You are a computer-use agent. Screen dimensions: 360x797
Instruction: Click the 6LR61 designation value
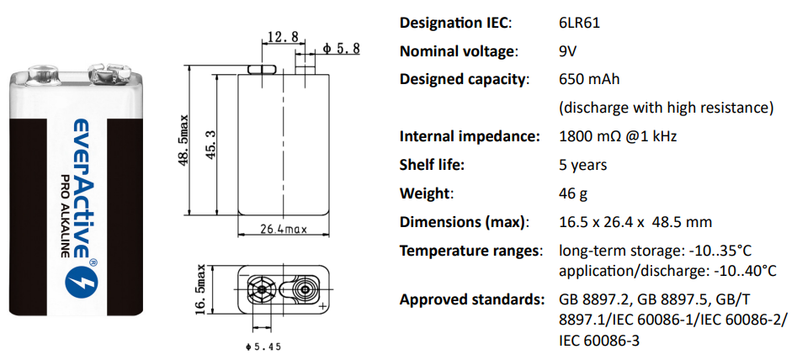click(x=580, y=24)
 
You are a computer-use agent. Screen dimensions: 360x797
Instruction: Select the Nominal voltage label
click(x=458, y=51)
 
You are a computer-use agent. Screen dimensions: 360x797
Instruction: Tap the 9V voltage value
click(x=568, y=51)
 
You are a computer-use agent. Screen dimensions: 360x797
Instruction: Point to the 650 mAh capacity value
click(x=589, y=80)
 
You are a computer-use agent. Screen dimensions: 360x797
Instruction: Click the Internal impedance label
click(x=469, y=136)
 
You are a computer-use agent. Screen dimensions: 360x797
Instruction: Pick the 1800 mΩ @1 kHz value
click(x=618, y=136)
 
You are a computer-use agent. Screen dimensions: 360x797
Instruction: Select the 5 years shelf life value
click(x=582, y=165)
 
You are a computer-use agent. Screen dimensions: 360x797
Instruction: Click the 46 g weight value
click(x=573, y=193)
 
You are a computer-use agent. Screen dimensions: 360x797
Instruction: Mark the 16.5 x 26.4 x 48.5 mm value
click(x=635, y=222)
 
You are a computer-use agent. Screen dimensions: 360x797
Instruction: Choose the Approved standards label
click(x=470, y=299)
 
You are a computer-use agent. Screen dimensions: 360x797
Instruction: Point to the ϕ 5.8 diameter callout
click(x=341, y=49)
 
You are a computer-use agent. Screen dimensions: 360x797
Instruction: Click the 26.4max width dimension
click(x=282, y=228)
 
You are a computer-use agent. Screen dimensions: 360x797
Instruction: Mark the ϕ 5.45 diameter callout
click(x=263, y=346)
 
